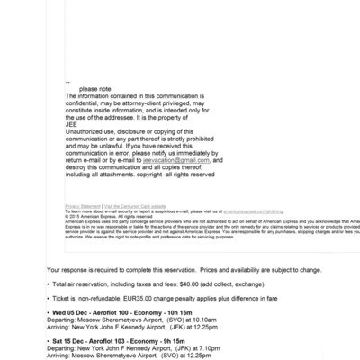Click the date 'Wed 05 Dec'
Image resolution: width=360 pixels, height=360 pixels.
(69, 311)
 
